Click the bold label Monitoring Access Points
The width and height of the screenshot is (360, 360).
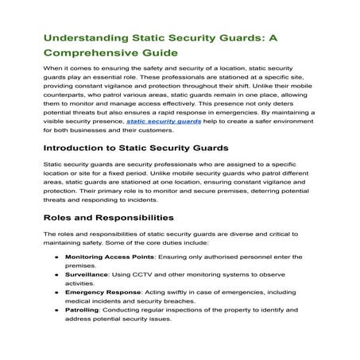coord(110,259)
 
